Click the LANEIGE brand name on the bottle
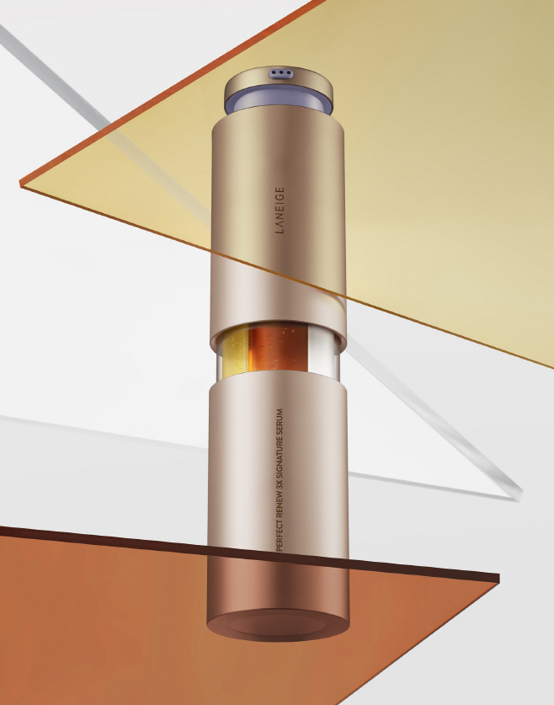coord(280,210)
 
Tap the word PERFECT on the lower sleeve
coord(279,534)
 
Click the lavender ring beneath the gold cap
coord(280,103)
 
